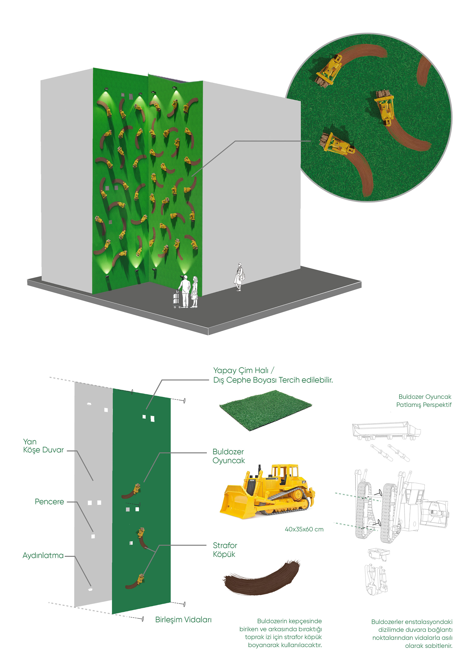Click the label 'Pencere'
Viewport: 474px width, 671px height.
[x=49, y=502]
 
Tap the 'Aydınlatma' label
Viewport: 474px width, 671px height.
[x=43, y=556]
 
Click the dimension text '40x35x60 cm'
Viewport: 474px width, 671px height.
[x=304, y=529]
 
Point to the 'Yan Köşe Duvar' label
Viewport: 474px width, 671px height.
[x=43, y=446]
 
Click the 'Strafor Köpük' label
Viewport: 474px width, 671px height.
[x=225, y=550]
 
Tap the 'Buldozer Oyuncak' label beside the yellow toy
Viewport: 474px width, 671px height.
[x=228, y=456]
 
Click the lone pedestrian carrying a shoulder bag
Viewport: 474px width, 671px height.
[x=239, y=276]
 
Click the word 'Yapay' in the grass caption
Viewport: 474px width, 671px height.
[x=224, y=371]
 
